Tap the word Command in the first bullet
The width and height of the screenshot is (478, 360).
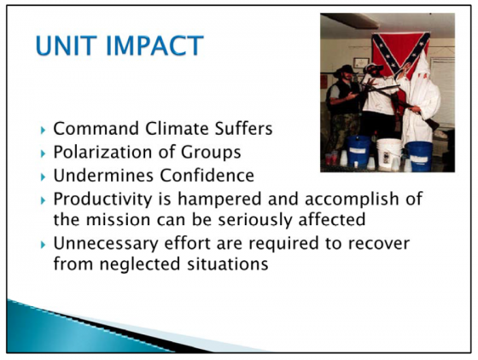(x=96, y=128)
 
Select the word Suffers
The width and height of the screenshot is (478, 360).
(x=243, y=128)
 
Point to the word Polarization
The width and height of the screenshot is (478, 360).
(x=106, y=152)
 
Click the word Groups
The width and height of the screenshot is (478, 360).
(x=211, y=152)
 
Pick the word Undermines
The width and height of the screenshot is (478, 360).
(x=103, y=175)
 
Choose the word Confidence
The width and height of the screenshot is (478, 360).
(x=207, y=175)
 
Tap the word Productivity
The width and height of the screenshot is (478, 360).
(x=102, y=199)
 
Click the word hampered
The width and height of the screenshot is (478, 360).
(x=219, y=199)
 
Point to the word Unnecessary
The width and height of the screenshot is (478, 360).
(x=106, y=243)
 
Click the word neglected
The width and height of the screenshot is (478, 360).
(x=140, y=264)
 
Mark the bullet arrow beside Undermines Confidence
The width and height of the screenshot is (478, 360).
(x=43, y=177)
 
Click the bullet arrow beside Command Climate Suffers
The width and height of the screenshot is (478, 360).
(x=43, y=130)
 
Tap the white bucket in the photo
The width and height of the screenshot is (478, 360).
(x=389, y=154)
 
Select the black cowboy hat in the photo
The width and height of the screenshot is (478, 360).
(x=346, y=71)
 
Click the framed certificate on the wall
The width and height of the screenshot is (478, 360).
(x=361, y=63)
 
